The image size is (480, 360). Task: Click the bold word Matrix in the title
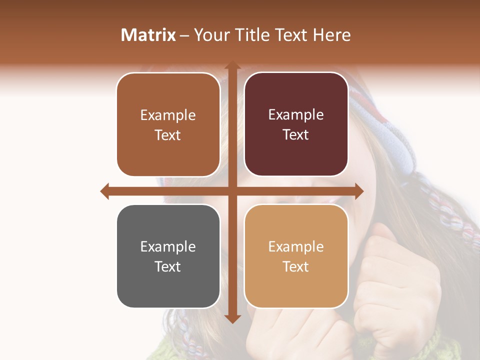148,35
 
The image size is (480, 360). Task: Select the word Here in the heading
332,35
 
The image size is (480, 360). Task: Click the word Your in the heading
210,35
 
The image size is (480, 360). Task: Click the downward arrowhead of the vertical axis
232,318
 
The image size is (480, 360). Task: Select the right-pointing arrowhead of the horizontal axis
358,191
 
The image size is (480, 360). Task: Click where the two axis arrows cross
232,191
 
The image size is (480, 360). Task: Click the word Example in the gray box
168,246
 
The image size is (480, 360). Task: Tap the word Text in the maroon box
296,135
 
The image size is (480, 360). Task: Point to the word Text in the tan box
296,266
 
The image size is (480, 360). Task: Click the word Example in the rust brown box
168,115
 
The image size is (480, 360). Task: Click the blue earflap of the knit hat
400,145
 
